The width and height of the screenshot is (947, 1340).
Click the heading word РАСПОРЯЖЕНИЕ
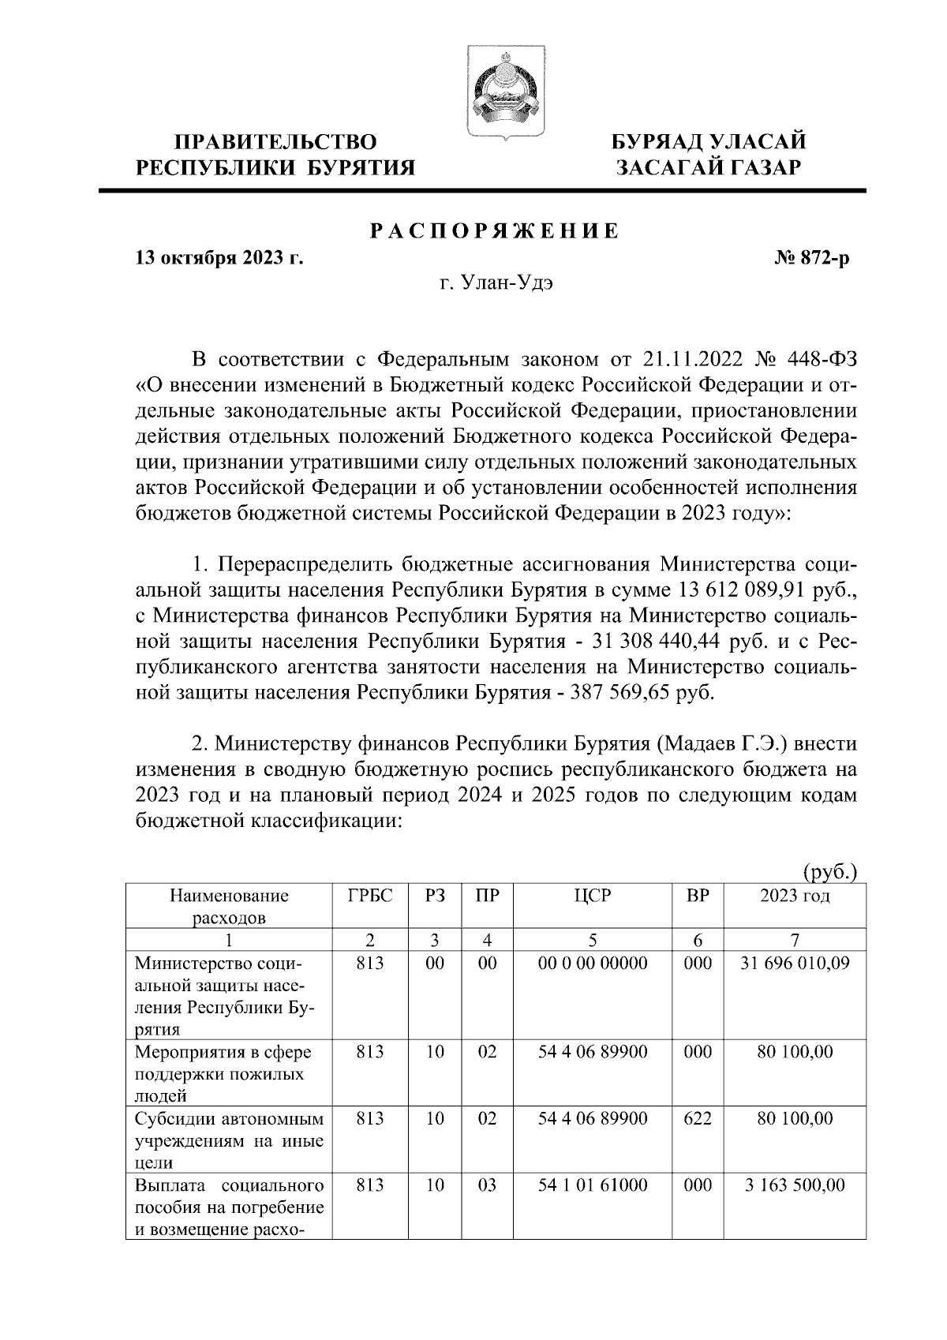(495, 231)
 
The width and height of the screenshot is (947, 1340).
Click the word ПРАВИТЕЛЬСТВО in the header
(275, 142)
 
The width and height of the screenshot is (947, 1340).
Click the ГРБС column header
(369, 896)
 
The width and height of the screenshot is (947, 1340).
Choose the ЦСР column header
(593, 896)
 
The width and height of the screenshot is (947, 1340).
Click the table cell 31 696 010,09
(795, 964)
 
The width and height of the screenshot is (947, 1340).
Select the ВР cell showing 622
(698, 1118)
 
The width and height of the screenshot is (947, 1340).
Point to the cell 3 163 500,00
(795, 1185)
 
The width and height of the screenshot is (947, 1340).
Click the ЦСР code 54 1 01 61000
(593, 1185)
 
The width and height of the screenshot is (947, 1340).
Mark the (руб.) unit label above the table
(829, 872)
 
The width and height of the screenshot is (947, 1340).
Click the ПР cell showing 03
(487, 1185)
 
